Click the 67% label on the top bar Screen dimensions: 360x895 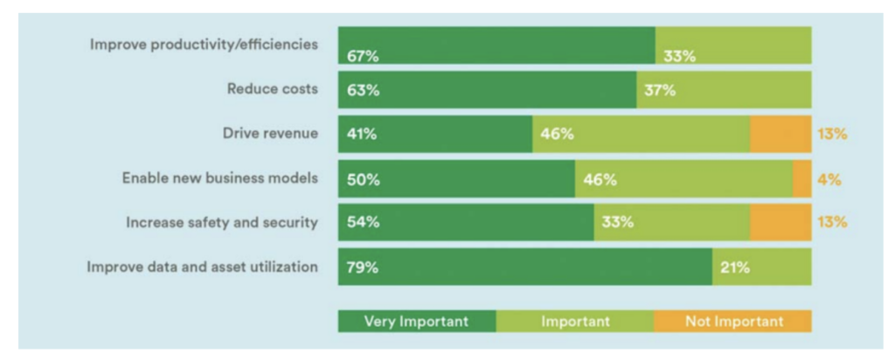point(363,56)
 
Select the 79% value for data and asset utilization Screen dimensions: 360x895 point(363,267)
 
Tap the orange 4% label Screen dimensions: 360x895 point(829,179)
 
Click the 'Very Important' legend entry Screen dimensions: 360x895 point(417,322)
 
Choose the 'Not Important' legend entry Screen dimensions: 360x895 point(733,322)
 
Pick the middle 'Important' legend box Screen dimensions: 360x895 point(574,322)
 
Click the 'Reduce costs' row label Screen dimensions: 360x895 point(273,88)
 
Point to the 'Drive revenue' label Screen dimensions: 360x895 point(270,133)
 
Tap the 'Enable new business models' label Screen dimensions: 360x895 point(219,177)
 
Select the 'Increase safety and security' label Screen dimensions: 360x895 point(221,222)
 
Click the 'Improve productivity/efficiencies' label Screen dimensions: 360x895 point(204,45)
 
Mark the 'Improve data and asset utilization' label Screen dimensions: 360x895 point(202,267)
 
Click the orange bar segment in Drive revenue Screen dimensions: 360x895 point(780,134)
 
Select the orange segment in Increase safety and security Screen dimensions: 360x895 point(780,223)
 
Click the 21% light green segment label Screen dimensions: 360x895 point(735,267)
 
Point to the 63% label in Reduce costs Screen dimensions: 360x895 point(363,90)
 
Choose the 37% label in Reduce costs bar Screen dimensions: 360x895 point(660,90)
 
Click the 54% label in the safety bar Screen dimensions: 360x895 point(363,223)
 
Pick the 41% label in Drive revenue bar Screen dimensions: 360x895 point(363,134)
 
